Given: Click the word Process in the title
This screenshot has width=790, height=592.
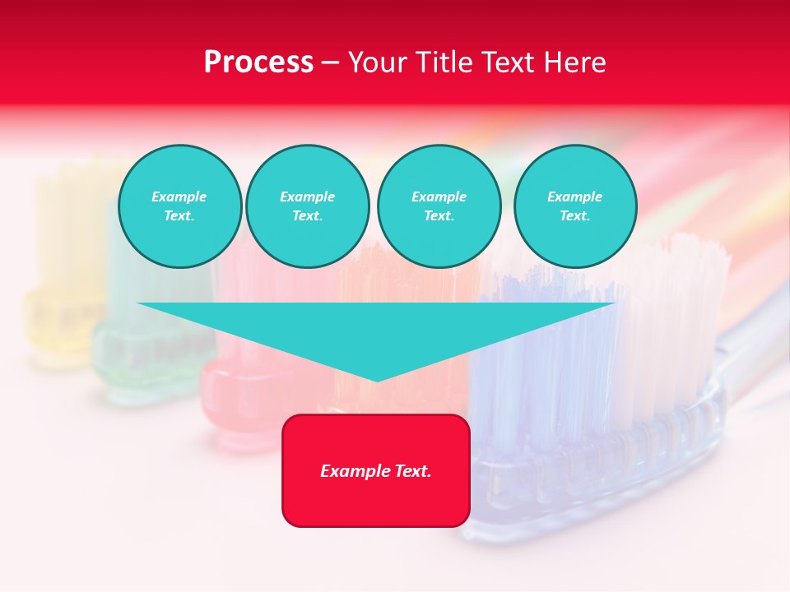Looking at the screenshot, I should point(258,62).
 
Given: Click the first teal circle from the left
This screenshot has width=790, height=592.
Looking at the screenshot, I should point(179,206).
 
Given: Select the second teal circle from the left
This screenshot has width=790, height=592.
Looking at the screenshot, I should point(307,206).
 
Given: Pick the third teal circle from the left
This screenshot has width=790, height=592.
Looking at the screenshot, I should point(439,206).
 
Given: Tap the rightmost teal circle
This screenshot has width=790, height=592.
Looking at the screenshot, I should point(574,206).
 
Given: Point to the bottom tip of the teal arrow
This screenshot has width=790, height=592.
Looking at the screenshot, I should point(377,380).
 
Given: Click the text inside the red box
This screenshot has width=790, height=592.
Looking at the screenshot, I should point(376,471).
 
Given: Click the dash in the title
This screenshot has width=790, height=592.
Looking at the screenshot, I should point(330,63).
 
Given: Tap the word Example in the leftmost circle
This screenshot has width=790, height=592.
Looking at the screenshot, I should point(179,197).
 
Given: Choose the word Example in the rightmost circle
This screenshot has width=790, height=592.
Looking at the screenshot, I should point(574,197).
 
